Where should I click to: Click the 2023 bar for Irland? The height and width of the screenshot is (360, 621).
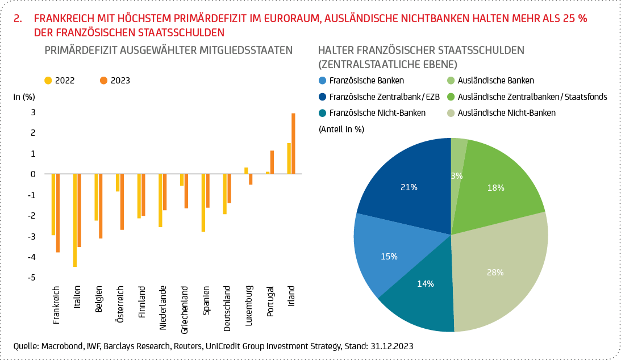tap(293, 144)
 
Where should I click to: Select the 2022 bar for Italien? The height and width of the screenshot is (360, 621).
tap(74, 220)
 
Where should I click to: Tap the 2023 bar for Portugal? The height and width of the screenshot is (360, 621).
tap(272, 162)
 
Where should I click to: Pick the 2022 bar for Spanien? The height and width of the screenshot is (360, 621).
tap(203, 203)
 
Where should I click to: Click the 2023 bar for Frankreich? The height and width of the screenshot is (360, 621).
tap(57, 213)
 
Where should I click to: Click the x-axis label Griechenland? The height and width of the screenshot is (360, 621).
tap(185, 309)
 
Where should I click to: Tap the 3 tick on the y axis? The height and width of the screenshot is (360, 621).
tap(34, 112)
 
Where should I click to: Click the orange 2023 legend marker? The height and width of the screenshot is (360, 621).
tap(103, 81)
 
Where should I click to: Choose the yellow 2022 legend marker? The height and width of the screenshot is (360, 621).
tap(48, 81)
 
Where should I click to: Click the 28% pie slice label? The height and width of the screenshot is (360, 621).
tap(495, 273)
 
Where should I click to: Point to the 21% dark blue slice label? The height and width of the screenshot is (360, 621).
tap(409, 187)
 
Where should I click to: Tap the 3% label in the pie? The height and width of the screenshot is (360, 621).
tap(457, 176)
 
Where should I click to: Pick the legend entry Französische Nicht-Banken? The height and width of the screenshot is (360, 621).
tap(377, 113)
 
